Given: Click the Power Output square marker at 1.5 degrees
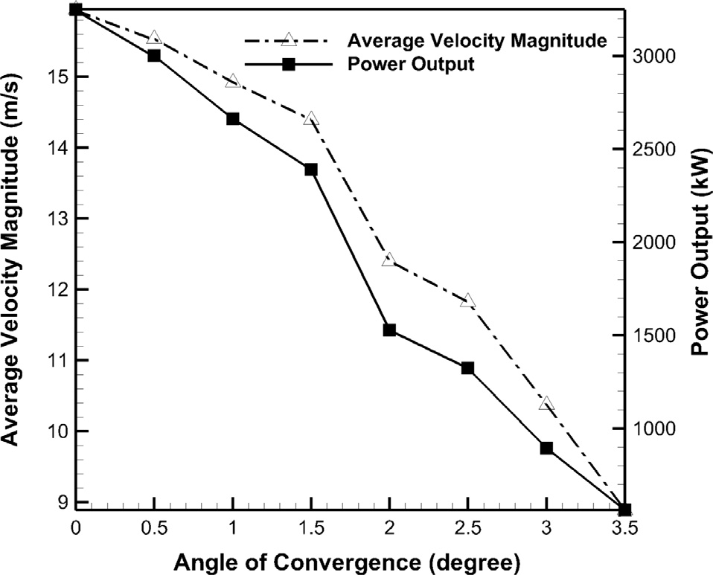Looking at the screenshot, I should coord(311,170).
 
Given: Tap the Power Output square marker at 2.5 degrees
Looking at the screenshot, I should coord(467,368).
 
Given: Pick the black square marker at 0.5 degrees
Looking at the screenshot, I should coord(154,56).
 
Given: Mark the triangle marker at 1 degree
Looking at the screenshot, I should coord(232,81).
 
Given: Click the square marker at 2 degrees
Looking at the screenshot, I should coord(389,330).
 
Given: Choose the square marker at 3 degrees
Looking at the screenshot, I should coord(546,448).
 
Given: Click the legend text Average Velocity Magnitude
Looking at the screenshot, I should coord(477,39).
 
